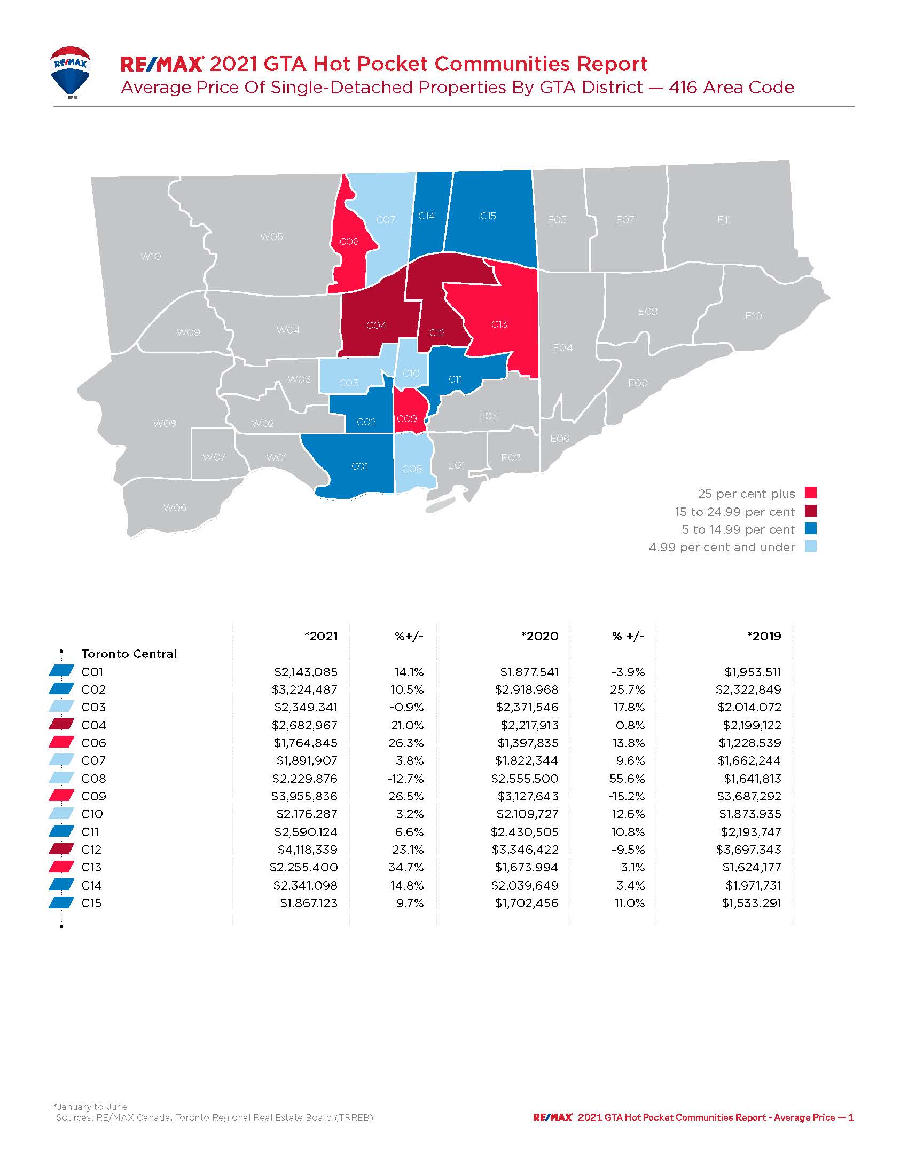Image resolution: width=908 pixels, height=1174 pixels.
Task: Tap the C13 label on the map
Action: click(x=499, y=324)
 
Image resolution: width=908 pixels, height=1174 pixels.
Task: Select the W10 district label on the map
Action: click(x=151, y=256)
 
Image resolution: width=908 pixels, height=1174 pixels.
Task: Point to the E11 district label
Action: click(x=724, y=219)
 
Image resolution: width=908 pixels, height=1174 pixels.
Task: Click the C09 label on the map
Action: click(x=406, y=418)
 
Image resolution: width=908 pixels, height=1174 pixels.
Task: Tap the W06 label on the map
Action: click(x=175, y=507)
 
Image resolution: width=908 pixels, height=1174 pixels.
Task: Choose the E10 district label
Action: click(x=753, y=315)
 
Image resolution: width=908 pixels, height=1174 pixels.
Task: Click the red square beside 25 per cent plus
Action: click(x=811, y=493)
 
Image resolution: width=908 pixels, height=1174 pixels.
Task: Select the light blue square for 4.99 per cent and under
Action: click(x=811, y=546)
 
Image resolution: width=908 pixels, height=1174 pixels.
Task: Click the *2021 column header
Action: click(x=321, y=636)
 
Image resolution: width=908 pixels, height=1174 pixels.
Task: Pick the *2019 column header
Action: click(x=764, y=636)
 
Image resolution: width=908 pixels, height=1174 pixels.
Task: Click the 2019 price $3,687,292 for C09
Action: click(x=749, y=796)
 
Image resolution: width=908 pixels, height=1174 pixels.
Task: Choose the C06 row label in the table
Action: click(x=93, y=743)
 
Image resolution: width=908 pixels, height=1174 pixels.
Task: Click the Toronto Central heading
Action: click(x=129, y=654)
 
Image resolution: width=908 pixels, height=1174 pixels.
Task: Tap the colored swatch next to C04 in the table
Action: click(x=61, y=725)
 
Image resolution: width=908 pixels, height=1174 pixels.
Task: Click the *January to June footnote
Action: click(x=90, y=1107)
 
